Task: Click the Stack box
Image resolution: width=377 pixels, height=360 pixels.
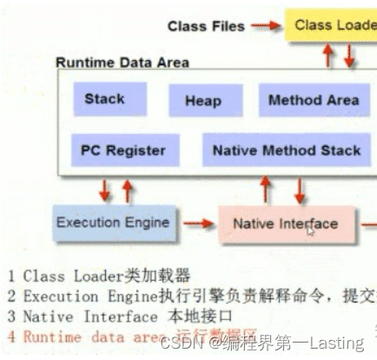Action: tap(104, 99)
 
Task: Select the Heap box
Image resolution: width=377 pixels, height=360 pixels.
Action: tap(202, 101)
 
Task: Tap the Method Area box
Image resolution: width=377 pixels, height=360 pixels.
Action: tap(313, 100)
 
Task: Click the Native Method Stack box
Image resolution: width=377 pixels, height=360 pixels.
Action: tap(286, 150)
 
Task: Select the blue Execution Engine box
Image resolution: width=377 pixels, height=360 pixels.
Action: tap(112, 223)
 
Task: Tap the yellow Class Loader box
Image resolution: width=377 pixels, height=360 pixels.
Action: tap(334, 26)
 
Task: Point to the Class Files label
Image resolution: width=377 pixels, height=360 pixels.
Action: tap(206, 27)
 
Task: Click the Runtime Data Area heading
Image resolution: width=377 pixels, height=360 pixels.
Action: tap(122, 63)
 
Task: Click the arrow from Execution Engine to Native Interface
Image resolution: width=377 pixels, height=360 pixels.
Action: tap(198, 224)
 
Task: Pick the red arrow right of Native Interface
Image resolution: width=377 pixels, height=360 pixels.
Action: tap(367, 224)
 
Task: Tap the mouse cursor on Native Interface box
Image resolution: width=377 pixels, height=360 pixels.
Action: tap(310, 230)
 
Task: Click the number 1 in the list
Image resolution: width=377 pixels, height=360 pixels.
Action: tap(10, 277)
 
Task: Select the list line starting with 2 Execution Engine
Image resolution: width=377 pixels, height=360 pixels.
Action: tap(191, 297)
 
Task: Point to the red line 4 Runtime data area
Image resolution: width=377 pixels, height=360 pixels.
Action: tap(130, 337)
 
